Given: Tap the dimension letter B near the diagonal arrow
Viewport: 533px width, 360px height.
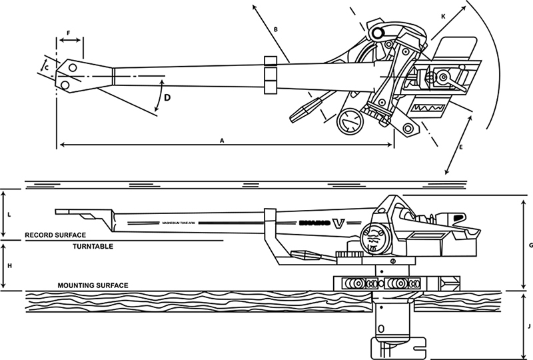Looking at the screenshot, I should (274, 29).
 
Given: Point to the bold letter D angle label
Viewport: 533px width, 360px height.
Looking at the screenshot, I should (167, 98).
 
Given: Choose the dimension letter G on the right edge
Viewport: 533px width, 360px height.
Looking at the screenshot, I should (531, 245).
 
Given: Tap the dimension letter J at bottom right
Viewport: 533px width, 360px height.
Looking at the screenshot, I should (528, 326).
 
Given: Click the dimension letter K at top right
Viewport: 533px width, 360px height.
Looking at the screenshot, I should (442, 15).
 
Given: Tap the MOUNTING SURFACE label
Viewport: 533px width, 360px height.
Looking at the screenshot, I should (93, 285).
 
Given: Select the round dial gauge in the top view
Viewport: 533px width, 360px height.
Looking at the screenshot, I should (349, 123).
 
